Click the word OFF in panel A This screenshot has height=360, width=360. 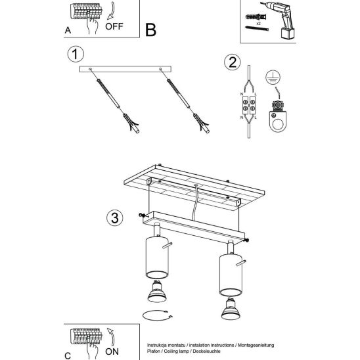pos(114,26)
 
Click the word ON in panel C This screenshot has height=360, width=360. pos(112,351)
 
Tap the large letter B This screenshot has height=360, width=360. pos(150,30)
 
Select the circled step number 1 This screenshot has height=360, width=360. pos(76,54)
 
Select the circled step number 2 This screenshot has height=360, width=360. pos(233,62)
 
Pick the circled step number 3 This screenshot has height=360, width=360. pos(114,217)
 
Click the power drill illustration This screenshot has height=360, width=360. pos(281,20)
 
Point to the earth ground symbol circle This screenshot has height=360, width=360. pos(273,77)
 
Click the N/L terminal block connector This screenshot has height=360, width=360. pos(248,105)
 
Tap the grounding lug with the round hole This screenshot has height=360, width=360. pos(278,117)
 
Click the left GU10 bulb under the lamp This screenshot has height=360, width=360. pos(157,292)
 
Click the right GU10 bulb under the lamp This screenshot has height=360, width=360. pos(231,309)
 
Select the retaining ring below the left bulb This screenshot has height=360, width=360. pos(158,315)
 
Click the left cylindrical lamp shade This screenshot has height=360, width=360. pos(157,258)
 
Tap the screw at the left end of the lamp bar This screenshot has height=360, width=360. pos(142,215)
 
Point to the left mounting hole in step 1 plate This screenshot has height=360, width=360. pos(90,69)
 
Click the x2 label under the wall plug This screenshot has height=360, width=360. pos(259,24)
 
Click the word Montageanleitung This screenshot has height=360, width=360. pos(256,345)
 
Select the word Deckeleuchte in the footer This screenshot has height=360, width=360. pos(207,351)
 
